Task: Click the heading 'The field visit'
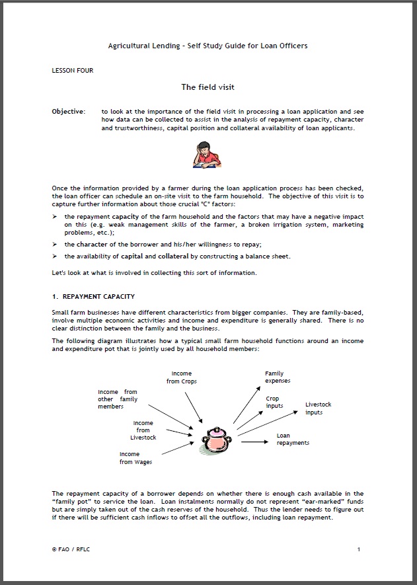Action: (x=208, y=87)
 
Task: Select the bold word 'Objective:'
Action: (x=68, y=112)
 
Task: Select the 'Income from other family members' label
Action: (x=118, y=399)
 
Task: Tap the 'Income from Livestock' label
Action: (x=143, y=430)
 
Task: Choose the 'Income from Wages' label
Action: (x=135, y=458)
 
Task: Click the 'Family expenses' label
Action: (x=278, y=377)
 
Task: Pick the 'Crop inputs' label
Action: (x=274, y=402)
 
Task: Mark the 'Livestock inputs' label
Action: (x=318, y=409)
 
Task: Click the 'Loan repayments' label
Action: (x=292, y=440)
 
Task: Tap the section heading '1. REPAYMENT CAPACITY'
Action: (x=93, y=296)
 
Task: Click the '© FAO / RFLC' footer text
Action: (x=70, y=549)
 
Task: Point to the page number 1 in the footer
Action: (x=358, y=549)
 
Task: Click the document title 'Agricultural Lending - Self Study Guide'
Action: (x=208, y=46)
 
